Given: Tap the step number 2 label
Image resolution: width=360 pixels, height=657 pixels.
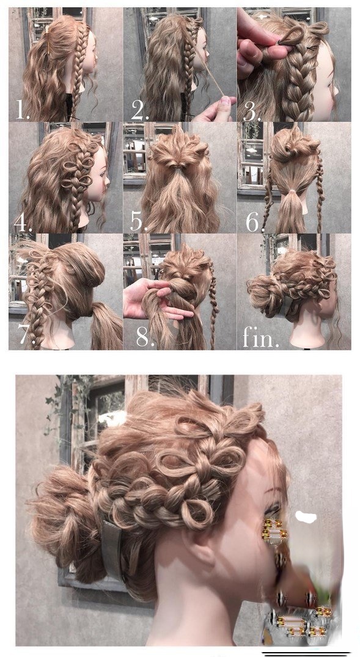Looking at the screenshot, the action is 140,110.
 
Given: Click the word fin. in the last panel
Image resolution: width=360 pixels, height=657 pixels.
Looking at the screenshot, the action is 260,337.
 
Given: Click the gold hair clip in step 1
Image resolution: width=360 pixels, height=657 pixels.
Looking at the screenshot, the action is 48,39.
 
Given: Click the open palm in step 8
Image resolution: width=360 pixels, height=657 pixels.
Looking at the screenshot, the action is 151,299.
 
